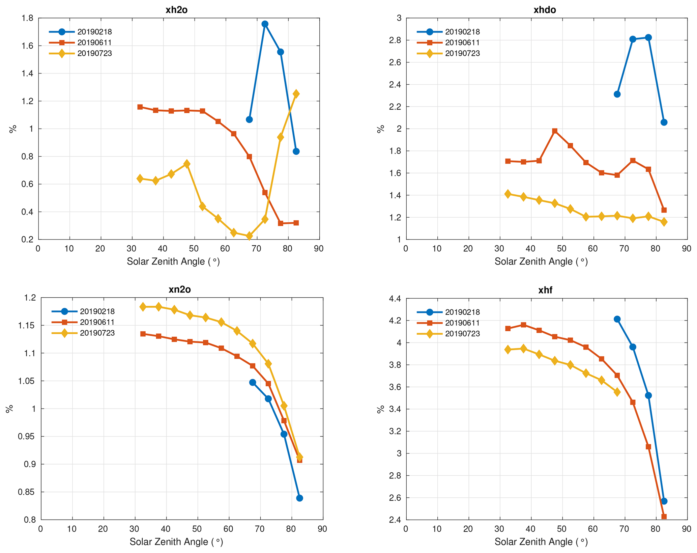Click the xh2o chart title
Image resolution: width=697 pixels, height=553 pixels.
(176, 10)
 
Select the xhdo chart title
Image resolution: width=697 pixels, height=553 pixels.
(545, 10)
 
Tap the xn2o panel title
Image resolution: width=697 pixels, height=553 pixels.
(179, 289)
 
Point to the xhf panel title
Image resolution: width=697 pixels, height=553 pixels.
(545, 290)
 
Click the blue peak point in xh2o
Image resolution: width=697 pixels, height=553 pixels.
(265, 24)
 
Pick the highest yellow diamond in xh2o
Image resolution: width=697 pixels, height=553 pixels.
(296, 94)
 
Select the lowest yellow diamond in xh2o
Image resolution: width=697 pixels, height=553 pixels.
(249, 236)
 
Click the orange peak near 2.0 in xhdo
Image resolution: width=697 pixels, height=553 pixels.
(555, 131)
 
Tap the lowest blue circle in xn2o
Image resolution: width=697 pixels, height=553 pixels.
(299, 498)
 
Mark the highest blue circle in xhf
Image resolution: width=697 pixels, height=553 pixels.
(617, 319)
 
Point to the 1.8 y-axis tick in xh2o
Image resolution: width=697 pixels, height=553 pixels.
(28, 18)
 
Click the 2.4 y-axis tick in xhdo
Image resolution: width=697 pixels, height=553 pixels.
(395, 84)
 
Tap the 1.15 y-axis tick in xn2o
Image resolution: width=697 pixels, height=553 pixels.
(27, 326)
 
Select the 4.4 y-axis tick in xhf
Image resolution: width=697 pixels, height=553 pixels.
(395, 299)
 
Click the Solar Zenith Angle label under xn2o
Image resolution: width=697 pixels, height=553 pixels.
(176, 542)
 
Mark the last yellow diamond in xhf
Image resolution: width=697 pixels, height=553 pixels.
(617, 392)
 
